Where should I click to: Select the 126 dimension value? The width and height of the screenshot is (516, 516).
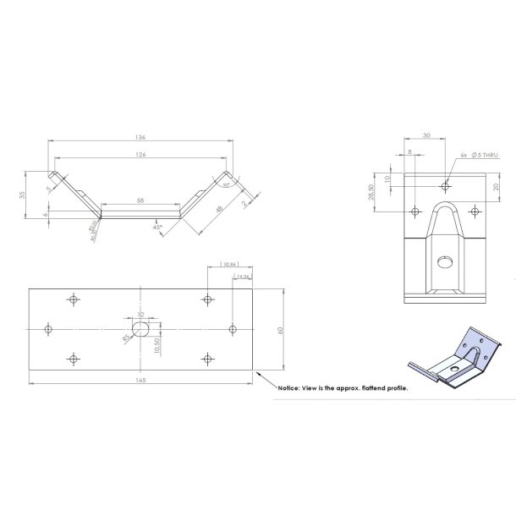[140, 155]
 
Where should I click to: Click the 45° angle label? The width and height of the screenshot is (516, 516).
[158, 228]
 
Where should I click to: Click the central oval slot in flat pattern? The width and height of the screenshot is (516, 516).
[141, 327]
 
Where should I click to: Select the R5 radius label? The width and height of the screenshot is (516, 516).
[126, 337]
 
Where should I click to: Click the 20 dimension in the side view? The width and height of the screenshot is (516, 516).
[496, 186]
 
